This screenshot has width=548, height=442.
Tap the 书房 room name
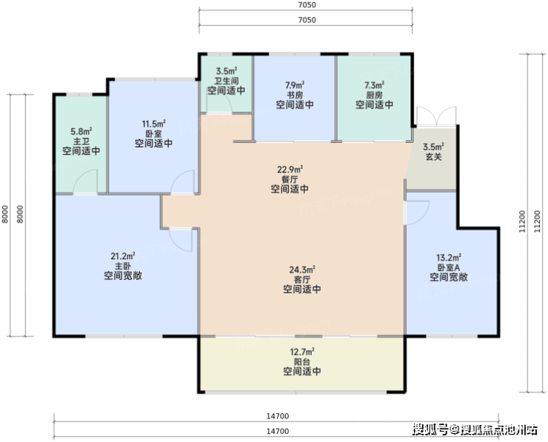295,95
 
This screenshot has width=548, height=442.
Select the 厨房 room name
374,95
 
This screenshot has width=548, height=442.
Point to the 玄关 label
434,157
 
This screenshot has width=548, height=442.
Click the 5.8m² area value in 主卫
81,132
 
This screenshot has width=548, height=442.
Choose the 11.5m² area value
154,124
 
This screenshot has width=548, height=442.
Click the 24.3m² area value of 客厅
302,269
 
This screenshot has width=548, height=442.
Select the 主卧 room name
123,267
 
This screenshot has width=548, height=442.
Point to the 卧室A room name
449,268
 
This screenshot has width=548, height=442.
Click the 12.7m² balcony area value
302,352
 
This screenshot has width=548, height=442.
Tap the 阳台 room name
302,362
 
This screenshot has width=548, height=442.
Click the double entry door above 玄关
436,116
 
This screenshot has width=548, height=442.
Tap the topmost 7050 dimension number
307,5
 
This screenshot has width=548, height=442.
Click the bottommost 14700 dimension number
278,431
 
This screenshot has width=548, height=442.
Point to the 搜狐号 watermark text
430,429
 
